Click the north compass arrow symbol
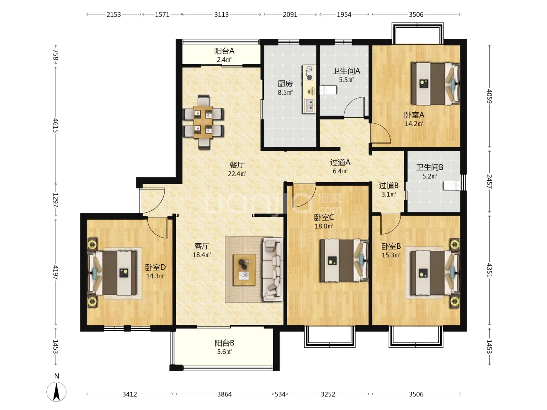pyautogui.click(x=56, y=392)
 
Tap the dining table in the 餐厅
pyautogui.click(x=203, y=122)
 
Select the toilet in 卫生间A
pyautogui.click(x=328, y=90)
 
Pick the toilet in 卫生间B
pyautogui.click(x=452, y=186)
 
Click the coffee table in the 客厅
pyautogui.click(x=244, y=270)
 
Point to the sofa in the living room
pyautogui.click(x=273, y=270)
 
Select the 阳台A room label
pyautogui.click(x=224, y=51)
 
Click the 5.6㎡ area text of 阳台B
pyautogui.click(x=224, y=352)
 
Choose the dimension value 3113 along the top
pyautogui.click(x=221, y=15)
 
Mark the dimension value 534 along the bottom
pyautogui.click(x=280, y=394)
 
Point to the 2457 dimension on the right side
pyautogui.click(x=489, y=181)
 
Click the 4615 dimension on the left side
pyautogui.click(x=55, y=125)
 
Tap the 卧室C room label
pyautogui.click(x=324, y=218)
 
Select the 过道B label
pyautogui.click(x=389, y=186)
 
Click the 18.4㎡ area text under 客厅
pyautogui.click(x=202, y=255)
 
